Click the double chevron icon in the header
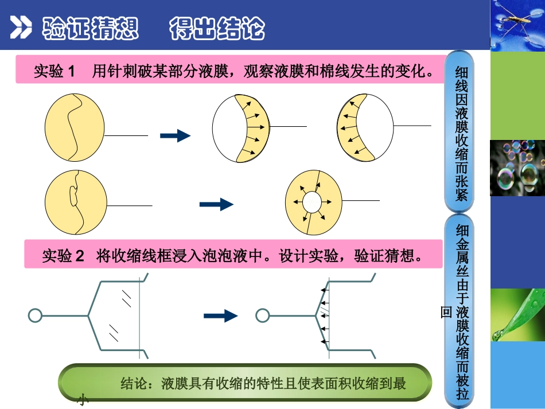21,27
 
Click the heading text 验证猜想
91,28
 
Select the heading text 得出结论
217,28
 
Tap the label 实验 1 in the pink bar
54,71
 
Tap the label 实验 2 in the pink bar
63,256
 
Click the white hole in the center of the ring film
313,202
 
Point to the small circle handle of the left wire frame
34,315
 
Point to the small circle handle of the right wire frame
262,315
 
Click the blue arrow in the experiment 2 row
221,315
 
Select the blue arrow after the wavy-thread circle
175,135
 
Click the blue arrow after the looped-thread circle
216,204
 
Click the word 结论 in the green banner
134,383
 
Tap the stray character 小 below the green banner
83,399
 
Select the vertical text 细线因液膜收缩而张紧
461,133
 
